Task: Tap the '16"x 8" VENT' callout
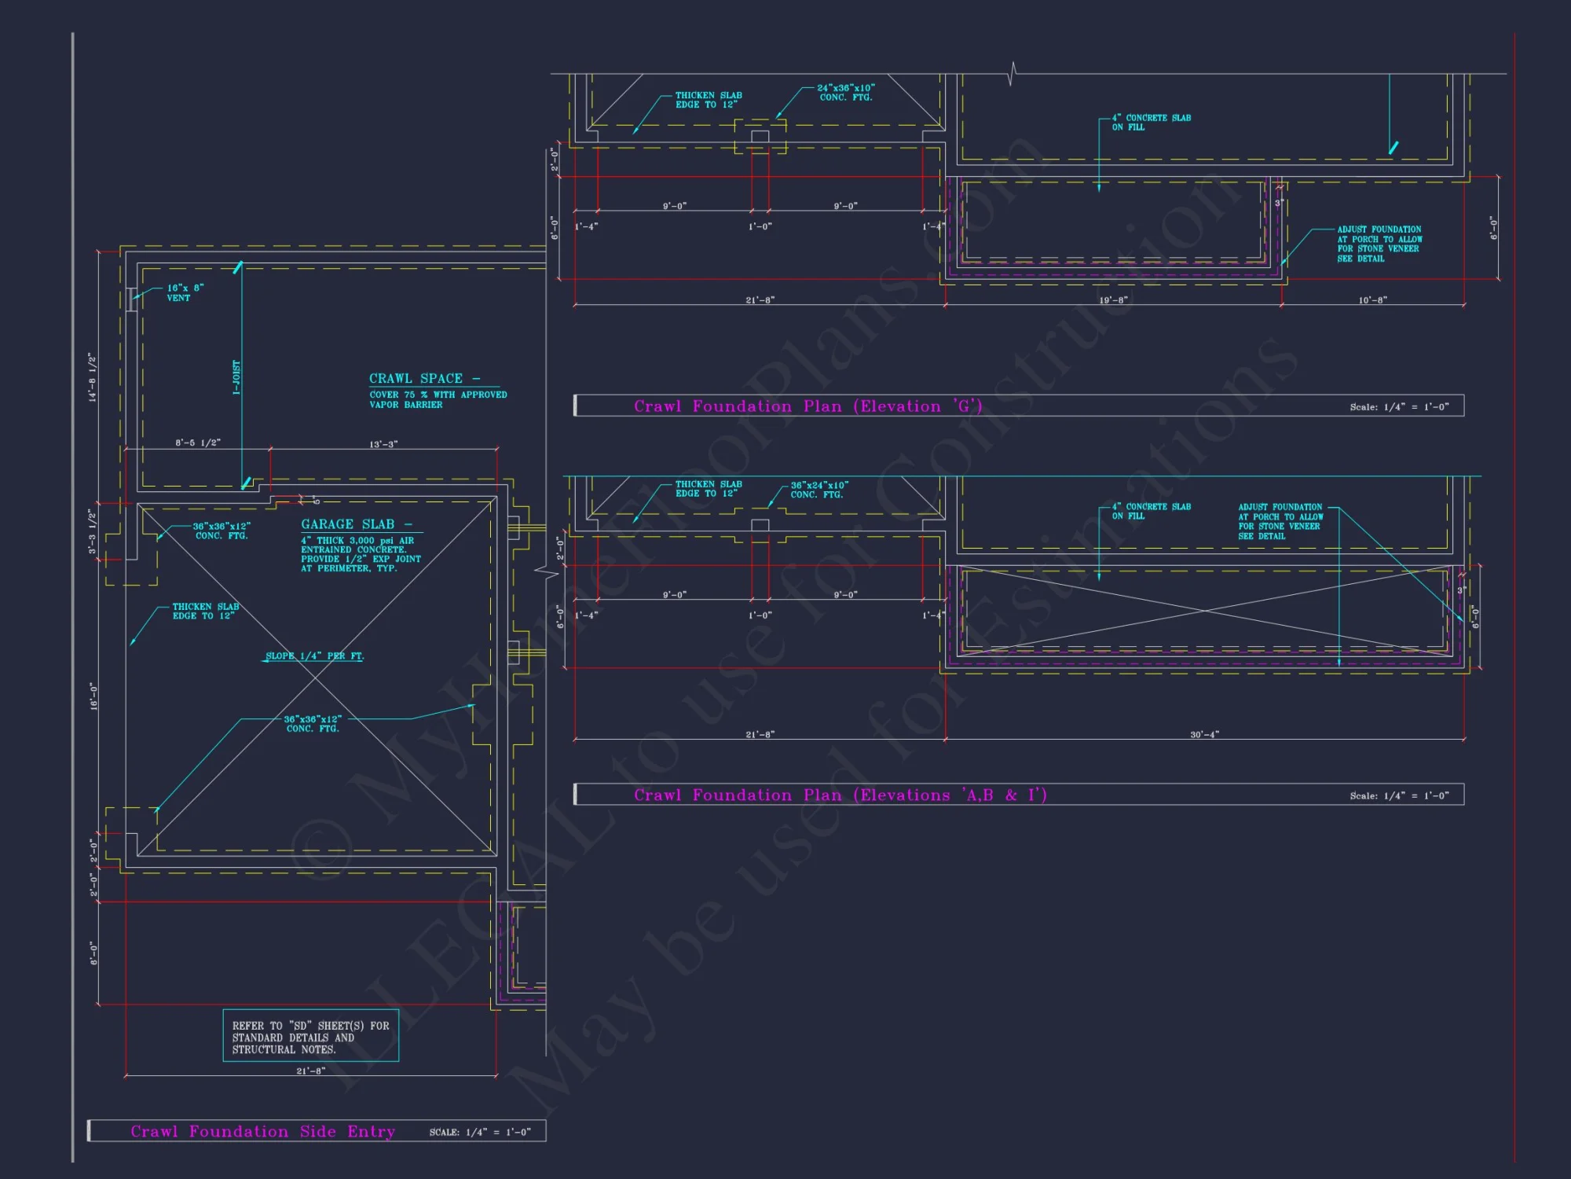[185, 293]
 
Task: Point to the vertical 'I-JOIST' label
[236, 378]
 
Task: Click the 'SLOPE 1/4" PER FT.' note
[314, 656]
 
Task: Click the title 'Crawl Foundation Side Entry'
[262, 1132]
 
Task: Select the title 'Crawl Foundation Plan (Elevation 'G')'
[807, 406]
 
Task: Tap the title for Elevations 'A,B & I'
[840, 795]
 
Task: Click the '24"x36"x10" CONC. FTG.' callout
[845, 93]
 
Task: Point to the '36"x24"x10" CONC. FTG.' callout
[818, 490]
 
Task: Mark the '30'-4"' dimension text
[1204, 735]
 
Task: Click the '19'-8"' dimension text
[1113, 300]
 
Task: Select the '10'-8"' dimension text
[1372, 300]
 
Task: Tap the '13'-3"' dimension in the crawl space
[383, 445]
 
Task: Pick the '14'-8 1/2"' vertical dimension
[93, 378]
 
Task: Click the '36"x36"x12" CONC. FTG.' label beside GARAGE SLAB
[222, 531]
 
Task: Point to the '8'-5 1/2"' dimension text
[198, 443]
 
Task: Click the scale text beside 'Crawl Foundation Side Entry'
[480, 1133]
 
